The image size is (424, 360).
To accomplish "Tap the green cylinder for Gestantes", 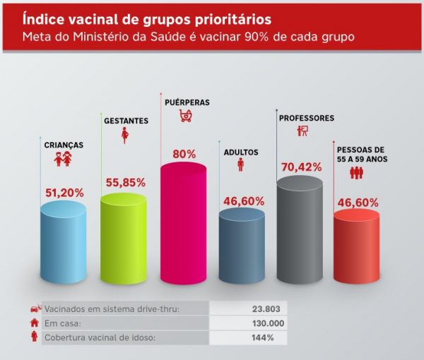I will (x=124, y=236).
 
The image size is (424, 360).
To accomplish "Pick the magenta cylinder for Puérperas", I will (x=184, y=222).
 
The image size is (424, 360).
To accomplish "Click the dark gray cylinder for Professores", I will (x=299, y=229).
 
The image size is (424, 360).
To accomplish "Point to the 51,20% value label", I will (x=64, y=192).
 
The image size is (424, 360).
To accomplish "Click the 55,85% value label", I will (x=125, y=182).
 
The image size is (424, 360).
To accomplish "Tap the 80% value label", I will (x=184, y=153).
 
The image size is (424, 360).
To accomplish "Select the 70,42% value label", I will (x=301, y=167).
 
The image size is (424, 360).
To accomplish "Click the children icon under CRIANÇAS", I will (x=63, y=160).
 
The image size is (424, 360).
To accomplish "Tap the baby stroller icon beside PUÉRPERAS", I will (x=186, y=115).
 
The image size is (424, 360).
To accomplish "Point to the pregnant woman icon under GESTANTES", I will (x=125, y=135).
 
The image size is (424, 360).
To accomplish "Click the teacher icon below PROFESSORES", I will (x=303, y=131).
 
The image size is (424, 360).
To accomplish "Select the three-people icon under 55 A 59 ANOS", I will (x=356, y=173).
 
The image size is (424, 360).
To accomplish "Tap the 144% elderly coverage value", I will (x=263, y=337).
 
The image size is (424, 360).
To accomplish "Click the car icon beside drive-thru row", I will (x=33, y=308).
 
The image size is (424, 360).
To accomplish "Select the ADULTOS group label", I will (x=241, y=152).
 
